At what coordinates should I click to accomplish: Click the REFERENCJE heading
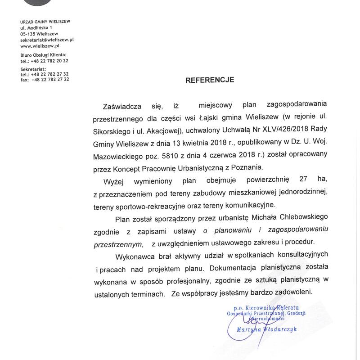(x=210, y=80)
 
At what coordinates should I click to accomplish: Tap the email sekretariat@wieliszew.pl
(x=47, y=40)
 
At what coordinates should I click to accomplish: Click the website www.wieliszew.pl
(x=40, y=45)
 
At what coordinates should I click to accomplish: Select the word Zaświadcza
(x=122, y=106)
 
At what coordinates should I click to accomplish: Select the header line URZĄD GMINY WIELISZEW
(x=45, y=22)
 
